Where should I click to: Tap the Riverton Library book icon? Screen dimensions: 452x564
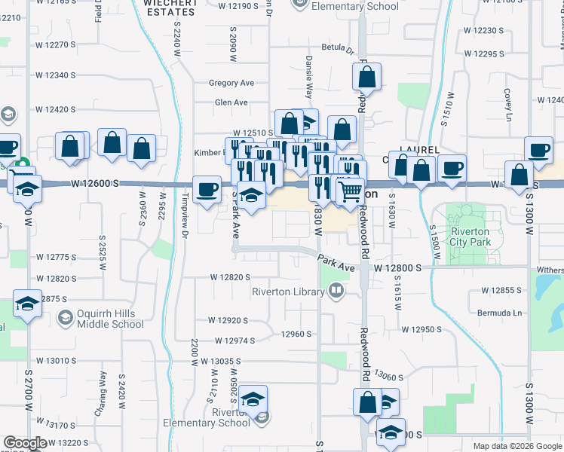[336, 289]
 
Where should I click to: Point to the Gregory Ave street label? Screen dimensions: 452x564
[231, 83]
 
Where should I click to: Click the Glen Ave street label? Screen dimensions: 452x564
[231, 102]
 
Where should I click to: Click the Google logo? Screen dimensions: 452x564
[25, 443]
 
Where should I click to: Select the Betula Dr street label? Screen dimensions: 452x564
[337, 51]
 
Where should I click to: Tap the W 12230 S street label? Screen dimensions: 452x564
[484, 30]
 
